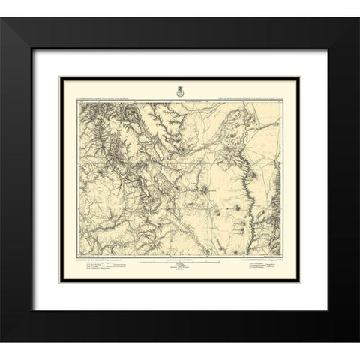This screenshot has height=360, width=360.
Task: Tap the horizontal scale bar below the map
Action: pos(181,265)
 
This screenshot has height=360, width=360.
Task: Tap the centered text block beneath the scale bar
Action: pos(181,274)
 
